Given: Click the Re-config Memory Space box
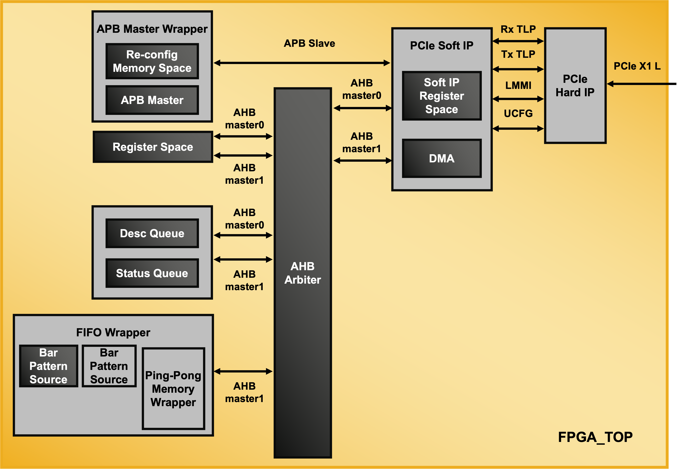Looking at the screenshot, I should click(x=152, y=61).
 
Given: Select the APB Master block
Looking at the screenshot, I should click(x=152, y=100).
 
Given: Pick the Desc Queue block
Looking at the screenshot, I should click(x=152, y=233).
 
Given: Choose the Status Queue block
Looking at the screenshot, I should click(x=152, y=273).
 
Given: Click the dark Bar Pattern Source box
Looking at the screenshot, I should click(x=48, y=366).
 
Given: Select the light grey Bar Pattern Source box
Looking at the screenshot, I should click(x=109, y=366).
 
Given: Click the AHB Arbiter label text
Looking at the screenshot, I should click(x=302, y=273).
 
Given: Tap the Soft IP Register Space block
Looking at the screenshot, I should click(x=441, y=96).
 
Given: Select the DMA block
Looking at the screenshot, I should click(x=441, y=158).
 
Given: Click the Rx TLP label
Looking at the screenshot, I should click(x=518, y=29).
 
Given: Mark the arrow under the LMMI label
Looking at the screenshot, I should click(x=518, y=99).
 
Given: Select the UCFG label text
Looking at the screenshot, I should click(x=518, y=113).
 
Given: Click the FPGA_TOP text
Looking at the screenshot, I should click(x=595, y=437).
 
